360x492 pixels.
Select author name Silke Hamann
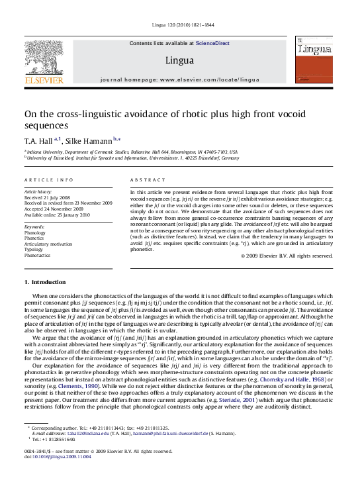click(85, 140)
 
